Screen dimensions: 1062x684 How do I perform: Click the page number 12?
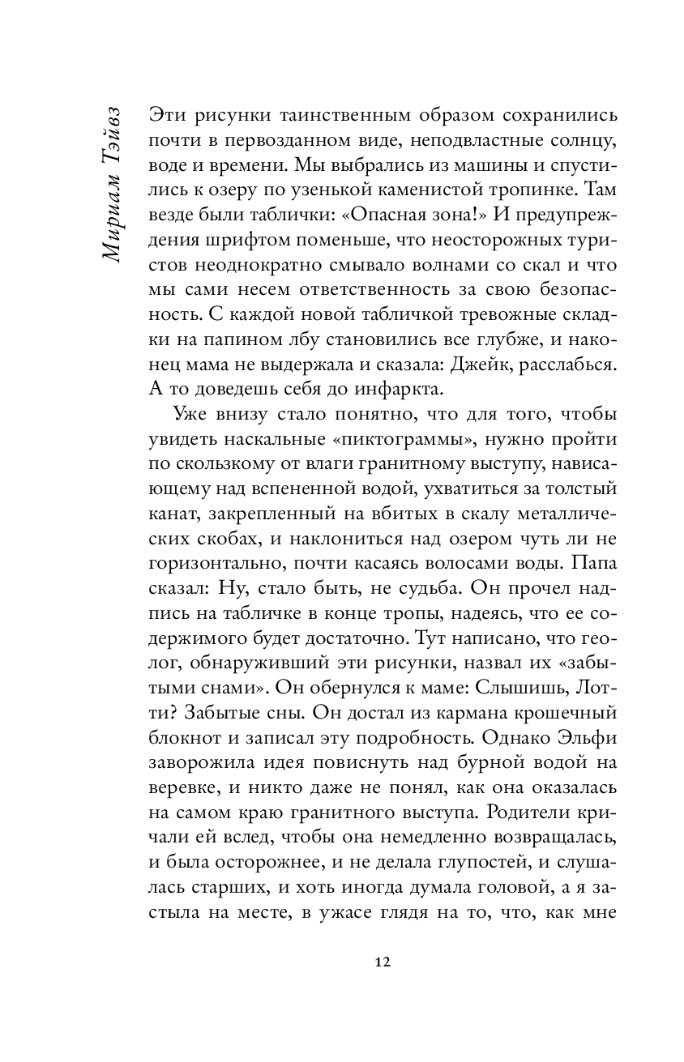click(x=383, y=962)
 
